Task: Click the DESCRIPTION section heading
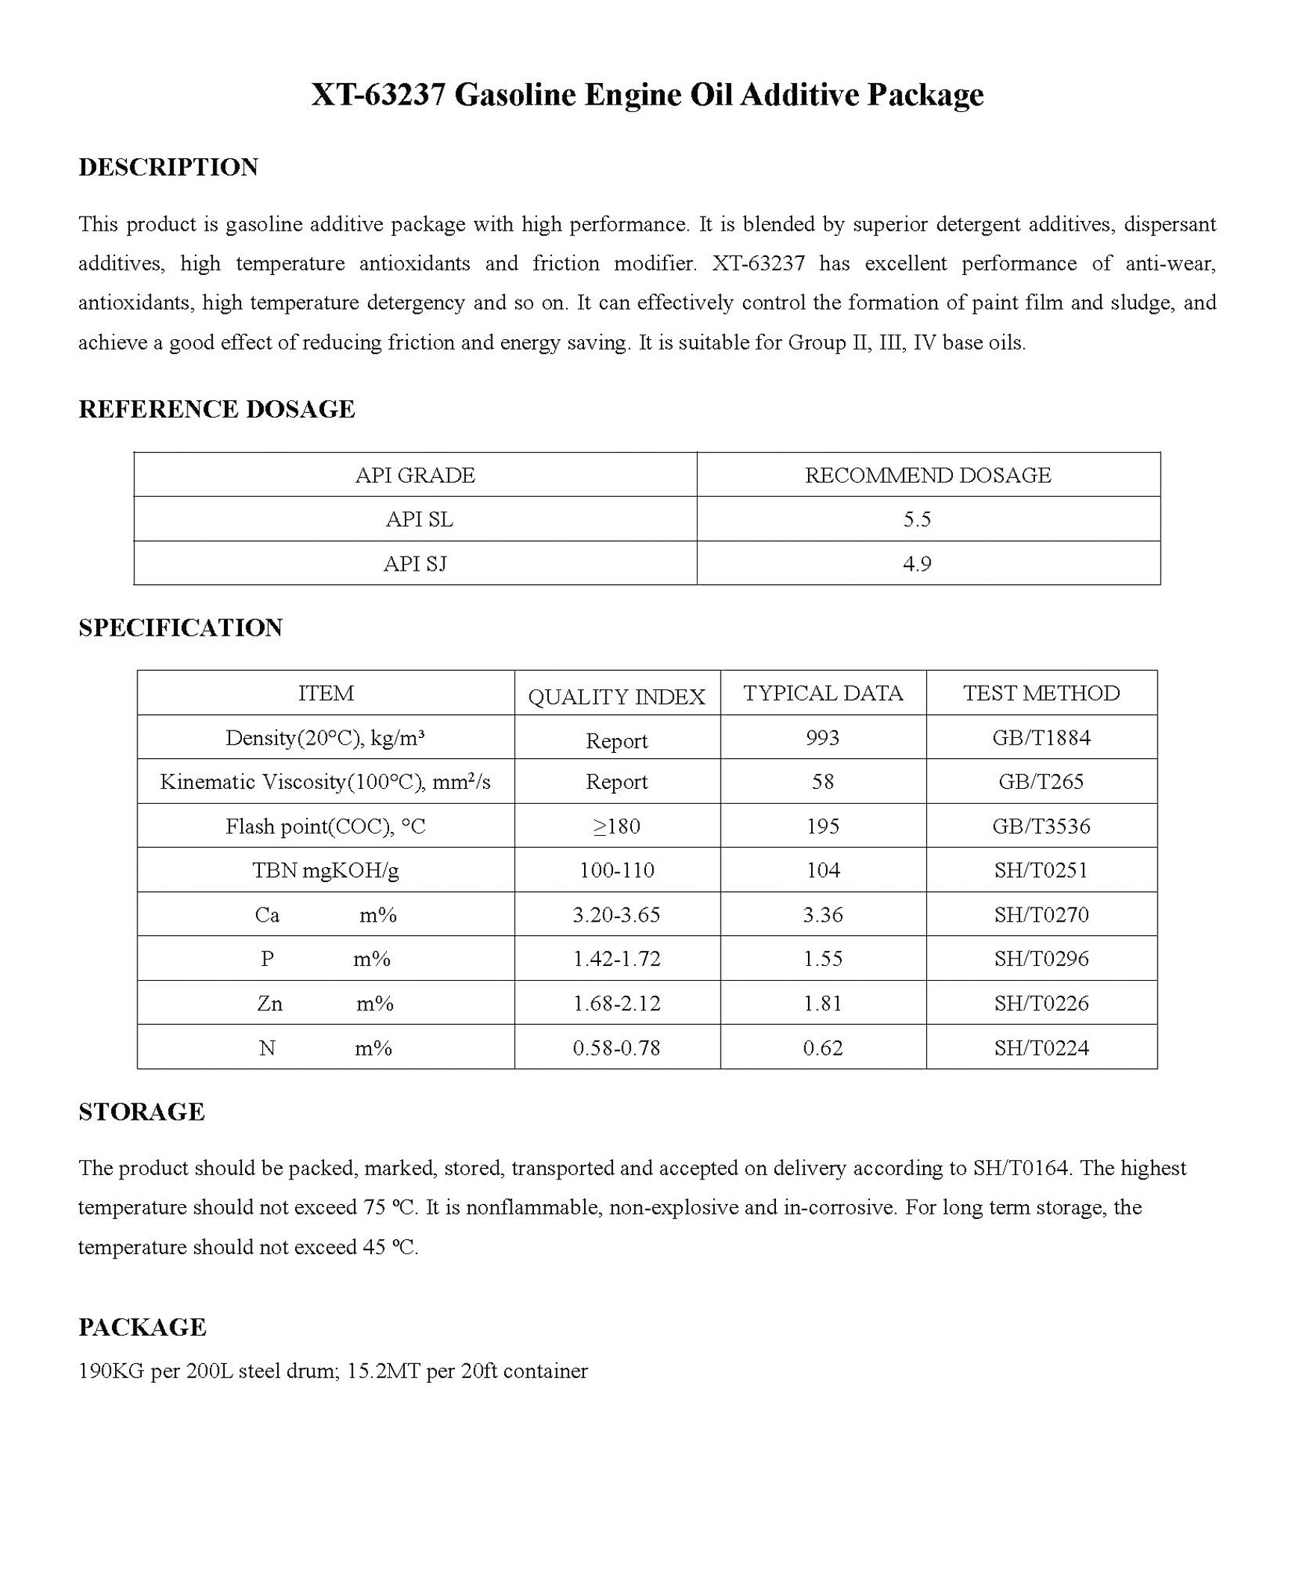(x=168, y=167)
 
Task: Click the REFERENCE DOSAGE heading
(x=217, y=409)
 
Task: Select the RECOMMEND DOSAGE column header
(x=928, y=475)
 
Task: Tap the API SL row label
(x=419, y=519)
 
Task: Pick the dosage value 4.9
(x=916, y=564)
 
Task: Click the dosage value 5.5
(x=916, y=519)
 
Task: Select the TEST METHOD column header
(x=1041, y=693)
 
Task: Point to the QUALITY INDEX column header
(x=616, y=697)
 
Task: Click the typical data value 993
(x=822, y=738)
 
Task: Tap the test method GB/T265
(x=1041, y=782)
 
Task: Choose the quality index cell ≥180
(x=616, y=826)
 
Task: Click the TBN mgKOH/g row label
(x=326, y=870)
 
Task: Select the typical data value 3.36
(x=822, y=915)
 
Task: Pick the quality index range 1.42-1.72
(x=616, y=959)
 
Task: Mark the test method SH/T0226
(x=1041, y=1003)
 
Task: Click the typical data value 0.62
(x=822, y=1048)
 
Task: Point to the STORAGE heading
(x=141, y=1112)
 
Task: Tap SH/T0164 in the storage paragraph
(x=1020, y=1168)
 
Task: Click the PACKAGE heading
(x=142, y=1327)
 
